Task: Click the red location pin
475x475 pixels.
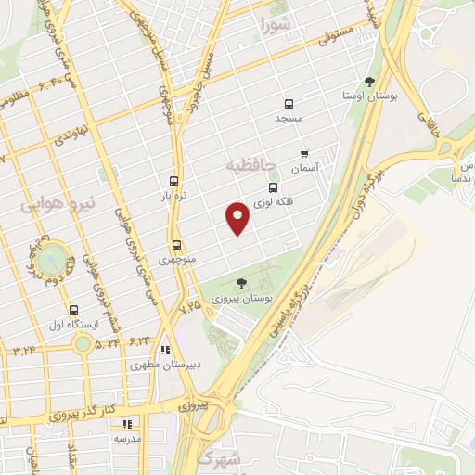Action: (239, 218)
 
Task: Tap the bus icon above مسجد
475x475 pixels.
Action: (289, 104)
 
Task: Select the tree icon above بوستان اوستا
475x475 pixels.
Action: (369, 82)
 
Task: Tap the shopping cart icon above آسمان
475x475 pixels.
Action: (303, 154)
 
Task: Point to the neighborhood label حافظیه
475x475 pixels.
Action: (252, 163)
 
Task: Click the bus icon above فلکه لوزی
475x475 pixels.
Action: (274, 186)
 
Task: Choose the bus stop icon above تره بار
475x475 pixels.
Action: (174, 182)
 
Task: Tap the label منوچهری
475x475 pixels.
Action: (176, 260)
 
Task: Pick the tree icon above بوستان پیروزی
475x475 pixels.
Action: (241, 283)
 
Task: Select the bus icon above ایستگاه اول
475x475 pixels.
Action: (73, 310)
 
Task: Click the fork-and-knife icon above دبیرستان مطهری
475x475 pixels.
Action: (165, 350)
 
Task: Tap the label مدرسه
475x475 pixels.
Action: (127, 437)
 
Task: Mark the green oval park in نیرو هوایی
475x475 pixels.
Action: (51, 255)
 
